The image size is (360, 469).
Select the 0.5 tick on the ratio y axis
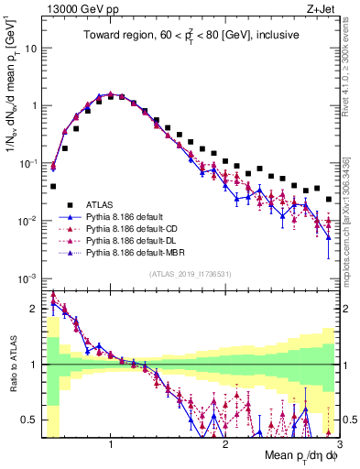29,420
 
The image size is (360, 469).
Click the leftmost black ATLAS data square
53,186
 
